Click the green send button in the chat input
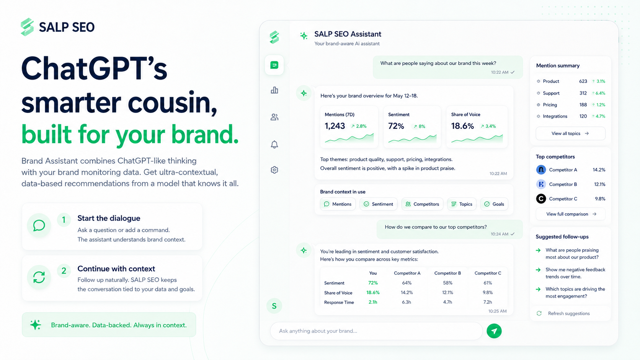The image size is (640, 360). pyautogui.click(x=494, y=331)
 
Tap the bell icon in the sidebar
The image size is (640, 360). pyautogui.click(x=274, y=145)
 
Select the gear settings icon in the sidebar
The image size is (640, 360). pyautogui.click(x=274, y=170)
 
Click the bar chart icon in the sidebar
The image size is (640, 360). pyautogui.click(x=274, y=90)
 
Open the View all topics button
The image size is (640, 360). pyautogui.click(x=570, y=133)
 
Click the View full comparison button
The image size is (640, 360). pyautogui.click(x=570, y=214)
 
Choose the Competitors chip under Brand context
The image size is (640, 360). pyautogui.click(x=422, y=204)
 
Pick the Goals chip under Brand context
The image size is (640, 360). pyautogui.click(x=494, y=204)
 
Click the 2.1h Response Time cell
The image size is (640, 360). pyautogui.click(x=373, y=302)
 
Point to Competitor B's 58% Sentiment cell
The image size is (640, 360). pyautogui.click(x=448, y=283)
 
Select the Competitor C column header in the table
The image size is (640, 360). pyautogui.click(x=488, y=273)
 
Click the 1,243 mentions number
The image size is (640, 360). pyautogui.click(x=335, y=126)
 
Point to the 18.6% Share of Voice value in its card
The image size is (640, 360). pyautogui.click(x=462, y=126)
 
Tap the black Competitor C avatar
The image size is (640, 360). pyautogui.click(x=541, y=199)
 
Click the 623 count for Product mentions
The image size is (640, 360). pyautogui.click(x=583, y=81)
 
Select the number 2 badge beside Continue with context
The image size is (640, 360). pyautogui.click(x=64, y=270)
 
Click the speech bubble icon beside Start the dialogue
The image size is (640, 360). pyautogui.click(x=39, y=226)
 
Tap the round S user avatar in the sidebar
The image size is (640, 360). pyautogui.click(x=274, y=306)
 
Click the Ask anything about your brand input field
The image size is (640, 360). pyautogui.click(x=376, y=331)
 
